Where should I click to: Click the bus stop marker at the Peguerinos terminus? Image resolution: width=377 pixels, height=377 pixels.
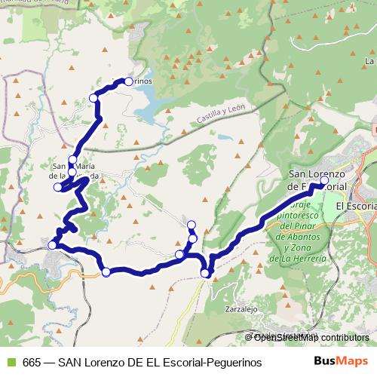click(128, 81)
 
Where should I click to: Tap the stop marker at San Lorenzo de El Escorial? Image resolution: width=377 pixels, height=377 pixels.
click(324, 180)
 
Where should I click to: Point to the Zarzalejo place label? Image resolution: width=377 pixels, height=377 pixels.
click(241, 309)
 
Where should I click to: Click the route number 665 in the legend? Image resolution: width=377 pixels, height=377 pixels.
click(32, 362)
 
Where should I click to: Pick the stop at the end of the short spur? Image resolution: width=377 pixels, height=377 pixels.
click(191, 224)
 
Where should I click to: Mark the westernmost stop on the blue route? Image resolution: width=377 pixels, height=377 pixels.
click(52, 245)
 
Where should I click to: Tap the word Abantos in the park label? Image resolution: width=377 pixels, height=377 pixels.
click(308, 237)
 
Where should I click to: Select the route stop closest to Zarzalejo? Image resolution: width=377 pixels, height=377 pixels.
click(206, 273)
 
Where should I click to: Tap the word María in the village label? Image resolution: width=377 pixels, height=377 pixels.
click(84, 167)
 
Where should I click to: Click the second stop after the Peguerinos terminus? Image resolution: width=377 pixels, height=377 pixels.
click(72, 160)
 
